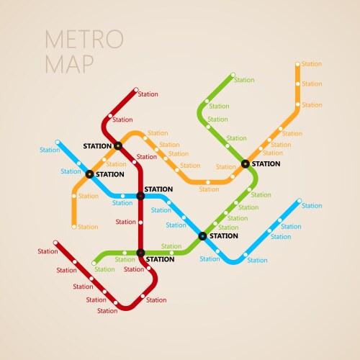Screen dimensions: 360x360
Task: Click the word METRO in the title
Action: (x=84, y=39)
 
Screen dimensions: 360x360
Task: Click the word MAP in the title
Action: (x=70, y=64)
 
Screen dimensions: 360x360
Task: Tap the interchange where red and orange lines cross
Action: (x=118, y=146)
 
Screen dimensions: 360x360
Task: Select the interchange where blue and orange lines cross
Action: (x=89, y=174)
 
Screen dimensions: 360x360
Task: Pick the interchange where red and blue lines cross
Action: (x=140, y=196)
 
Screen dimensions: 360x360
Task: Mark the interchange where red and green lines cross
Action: (x=140, y=253)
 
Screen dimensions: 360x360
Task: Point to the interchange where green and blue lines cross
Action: (x=202, y=236)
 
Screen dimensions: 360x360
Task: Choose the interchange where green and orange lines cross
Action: (x=246, y=164)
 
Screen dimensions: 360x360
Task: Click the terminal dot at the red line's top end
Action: (x=135, y=91)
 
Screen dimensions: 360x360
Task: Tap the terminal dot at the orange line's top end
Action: (x=297, y=64)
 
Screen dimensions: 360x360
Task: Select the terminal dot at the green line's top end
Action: (x=233, y=75)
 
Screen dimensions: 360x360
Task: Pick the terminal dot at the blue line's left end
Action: (x=58, y=142)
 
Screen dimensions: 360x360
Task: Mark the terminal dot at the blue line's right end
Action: (x=299, y=202)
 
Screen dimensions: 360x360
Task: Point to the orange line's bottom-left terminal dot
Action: (x=73, y=227)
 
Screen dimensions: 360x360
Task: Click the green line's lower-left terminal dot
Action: (x=94, y=264)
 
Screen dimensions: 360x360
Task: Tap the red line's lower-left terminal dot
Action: (x=55, y=243)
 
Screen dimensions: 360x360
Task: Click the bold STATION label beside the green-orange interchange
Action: (x=266, y=163)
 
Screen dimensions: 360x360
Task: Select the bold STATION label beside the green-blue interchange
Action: (x=223, y=235)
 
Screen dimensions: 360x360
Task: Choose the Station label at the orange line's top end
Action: (x=312, y=64)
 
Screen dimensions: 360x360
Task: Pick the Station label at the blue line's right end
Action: (x=312, y=206)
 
